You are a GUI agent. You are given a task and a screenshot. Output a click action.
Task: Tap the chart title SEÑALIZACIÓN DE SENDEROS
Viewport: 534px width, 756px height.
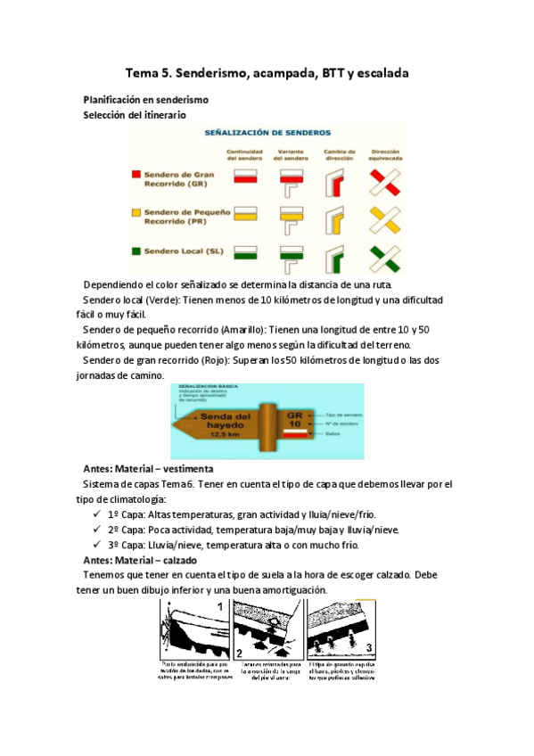[267, 132]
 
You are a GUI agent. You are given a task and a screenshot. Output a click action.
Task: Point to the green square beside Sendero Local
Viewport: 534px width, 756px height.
[136, 251]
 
